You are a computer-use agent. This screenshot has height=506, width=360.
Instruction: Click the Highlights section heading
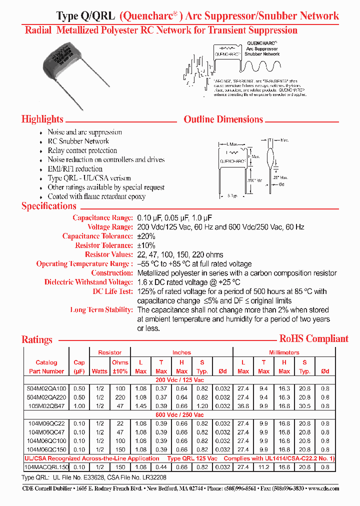(x=42, y=119)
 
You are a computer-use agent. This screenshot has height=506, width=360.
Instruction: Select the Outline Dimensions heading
(x=223, y=119)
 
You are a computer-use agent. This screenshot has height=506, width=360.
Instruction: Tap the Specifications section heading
(x=49, y=206)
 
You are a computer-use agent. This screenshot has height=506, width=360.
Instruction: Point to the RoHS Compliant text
(x=313, y=338)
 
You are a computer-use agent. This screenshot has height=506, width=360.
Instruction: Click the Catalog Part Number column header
(x=46, y=367)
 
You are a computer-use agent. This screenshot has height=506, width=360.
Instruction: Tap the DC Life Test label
(x=112, y=291)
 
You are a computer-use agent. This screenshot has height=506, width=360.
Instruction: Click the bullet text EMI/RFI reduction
(x=75, y=169)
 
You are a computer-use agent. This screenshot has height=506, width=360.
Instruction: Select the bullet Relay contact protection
(x=82, y=150)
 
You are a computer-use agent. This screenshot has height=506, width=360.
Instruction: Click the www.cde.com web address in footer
(x=323, y=488)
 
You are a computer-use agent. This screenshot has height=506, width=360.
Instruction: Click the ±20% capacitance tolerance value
(x=146, y=236)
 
